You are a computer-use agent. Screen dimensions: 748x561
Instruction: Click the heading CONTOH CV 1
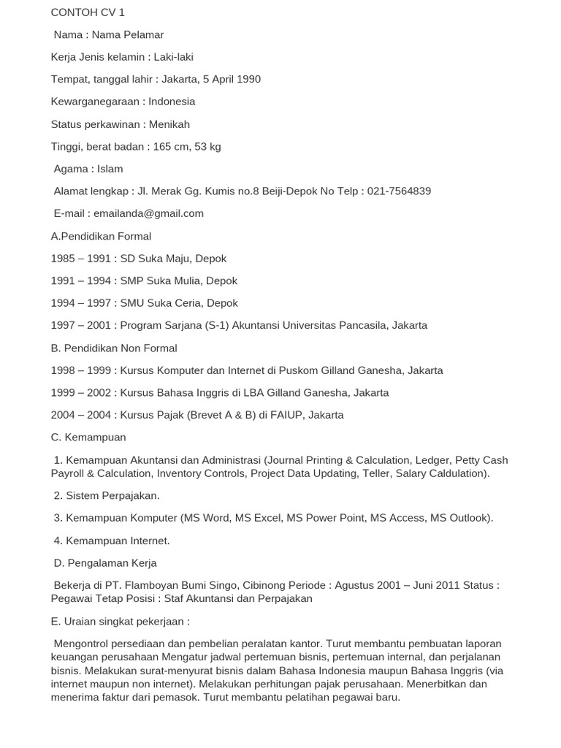coord(88,12)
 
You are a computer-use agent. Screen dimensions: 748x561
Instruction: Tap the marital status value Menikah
coord(169,124)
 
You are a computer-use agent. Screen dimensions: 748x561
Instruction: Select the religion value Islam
coord(110,169)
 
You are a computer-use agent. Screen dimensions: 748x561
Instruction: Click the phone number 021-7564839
coord(399,191)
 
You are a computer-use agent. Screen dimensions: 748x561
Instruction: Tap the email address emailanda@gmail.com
coord(148,213)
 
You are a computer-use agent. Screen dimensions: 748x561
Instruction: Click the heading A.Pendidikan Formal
coord(101,236)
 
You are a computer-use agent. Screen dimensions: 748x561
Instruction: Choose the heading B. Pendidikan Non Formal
coord(114,348)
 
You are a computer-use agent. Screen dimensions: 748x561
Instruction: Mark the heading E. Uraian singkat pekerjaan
coord(120,622)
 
